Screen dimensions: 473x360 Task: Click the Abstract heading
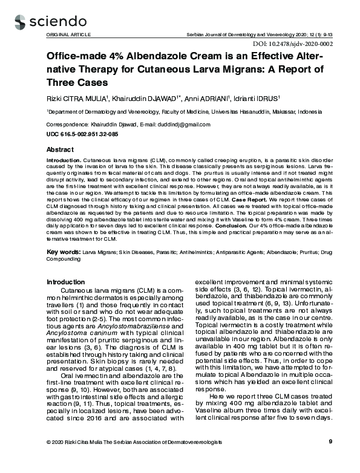click(60, 149)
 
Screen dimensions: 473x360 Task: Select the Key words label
click(63, 249)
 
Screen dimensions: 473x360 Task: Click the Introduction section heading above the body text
click(66, 282)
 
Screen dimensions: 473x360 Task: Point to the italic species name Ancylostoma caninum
click(77, 331)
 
